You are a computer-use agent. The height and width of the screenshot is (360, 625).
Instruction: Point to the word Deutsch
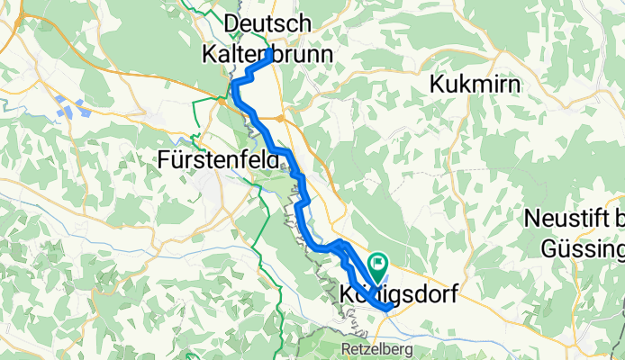point(267,22)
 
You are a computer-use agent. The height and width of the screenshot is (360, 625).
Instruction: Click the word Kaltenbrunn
point(267,54)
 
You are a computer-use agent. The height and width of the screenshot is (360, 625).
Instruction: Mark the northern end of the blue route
point(270,52)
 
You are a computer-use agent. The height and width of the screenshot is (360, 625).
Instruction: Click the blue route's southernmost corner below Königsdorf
point(387,308)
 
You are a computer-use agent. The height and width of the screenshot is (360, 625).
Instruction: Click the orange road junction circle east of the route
point(281,118)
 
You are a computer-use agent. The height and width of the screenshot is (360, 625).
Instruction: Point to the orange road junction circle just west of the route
point(222,101)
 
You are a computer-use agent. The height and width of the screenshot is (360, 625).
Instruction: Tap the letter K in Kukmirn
point(439,85)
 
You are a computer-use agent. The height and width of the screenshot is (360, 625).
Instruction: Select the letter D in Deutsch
point(231,22)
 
